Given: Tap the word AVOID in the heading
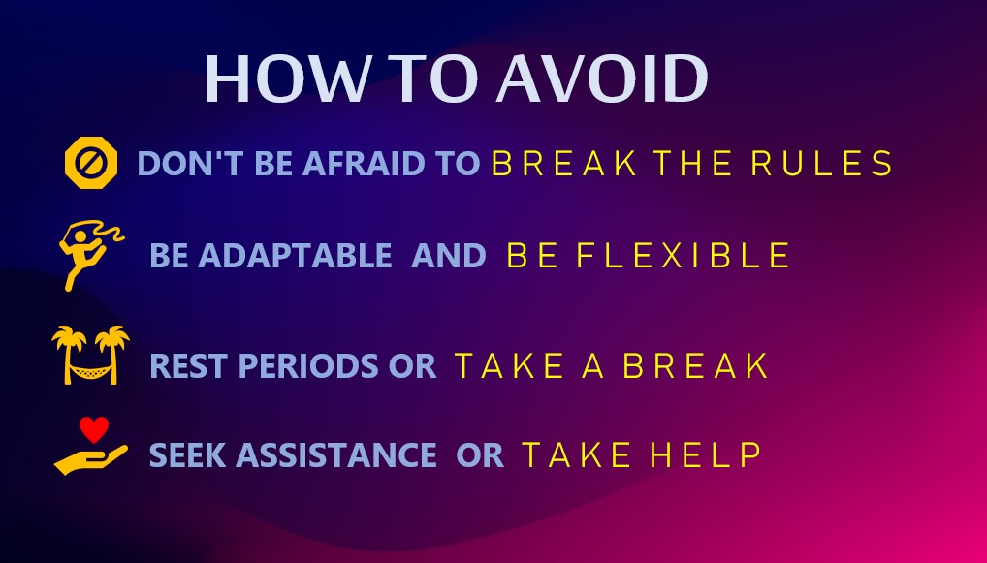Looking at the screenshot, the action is point(603,78).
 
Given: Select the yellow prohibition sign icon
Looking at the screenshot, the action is point(91,162).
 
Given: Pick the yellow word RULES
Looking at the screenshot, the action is point(821,163).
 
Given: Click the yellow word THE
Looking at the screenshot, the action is point(692,163).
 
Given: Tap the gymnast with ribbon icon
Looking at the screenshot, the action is point(90,255).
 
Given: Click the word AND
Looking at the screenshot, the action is point(448,256).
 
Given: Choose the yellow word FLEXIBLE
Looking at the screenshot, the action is point(683,256).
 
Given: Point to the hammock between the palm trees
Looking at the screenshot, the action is point(91,372).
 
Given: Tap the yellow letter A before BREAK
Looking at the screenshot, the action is point(593,365).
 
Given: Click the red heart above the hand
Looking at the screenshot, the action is point(94,429).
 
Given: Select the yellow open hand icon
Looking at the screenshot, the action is point(90,460).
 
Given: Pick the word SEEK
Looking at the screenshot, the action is point(187,454).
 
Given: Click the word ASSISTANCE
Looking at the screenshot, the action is point(336,454).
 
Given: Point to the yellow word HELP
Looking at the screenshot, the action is point(706,454).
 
